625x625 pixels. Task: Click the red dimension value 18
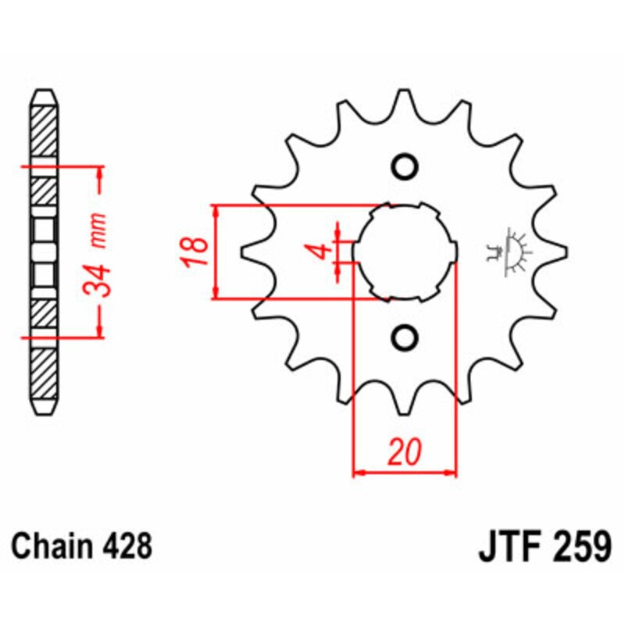tap(198, 252)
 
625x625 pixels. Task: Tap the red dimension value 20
tap(405, 452)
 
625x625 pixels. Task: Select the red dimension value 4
tap(318, 252)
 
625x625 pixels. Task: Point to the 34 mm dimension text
tap(98, 254)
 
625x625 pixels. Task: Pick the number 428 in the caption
tap(127, 545)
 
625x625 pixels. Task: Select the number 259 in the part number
tap(580, 545)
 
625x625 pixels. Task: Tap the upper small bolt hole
tap(405, 166)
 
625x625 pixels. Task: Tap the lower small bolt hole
tap(405, 337)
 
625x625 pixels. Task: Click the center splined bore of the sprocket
tap(405, 252)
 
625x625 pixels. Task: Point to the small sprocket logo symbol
tap(509, 252)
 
